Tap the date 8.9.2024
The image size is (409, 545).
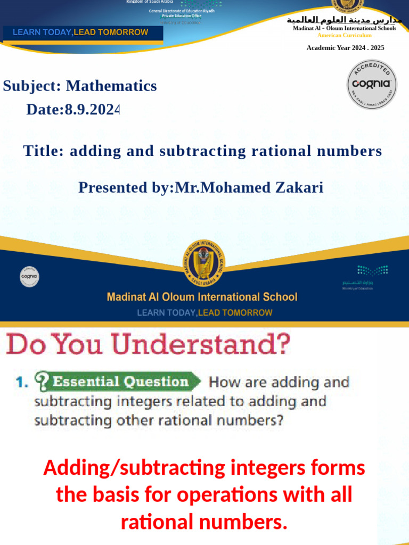click(92, 110)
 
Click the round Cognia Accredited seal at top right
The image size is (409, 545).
click(372, 84)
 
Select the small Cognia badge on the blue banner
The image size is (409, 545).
click(30, 276)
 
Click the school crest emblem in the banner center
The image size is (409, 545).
click(203, 262)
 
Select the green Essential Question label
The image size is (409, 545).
click(120, 382)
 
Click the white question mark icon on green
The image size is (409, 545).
click(43, 381)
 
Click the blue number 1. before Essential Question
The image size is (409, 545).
click(21, 382)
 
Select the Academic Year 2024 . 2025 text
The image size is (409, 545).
click(345, 48)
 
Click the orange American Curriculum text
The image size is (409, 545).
click(345, 35)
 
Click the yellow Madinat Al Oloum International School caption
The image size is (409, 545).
click(202, 297)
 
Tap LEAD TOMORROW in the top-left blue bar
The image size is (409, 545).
click(111, 32)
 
